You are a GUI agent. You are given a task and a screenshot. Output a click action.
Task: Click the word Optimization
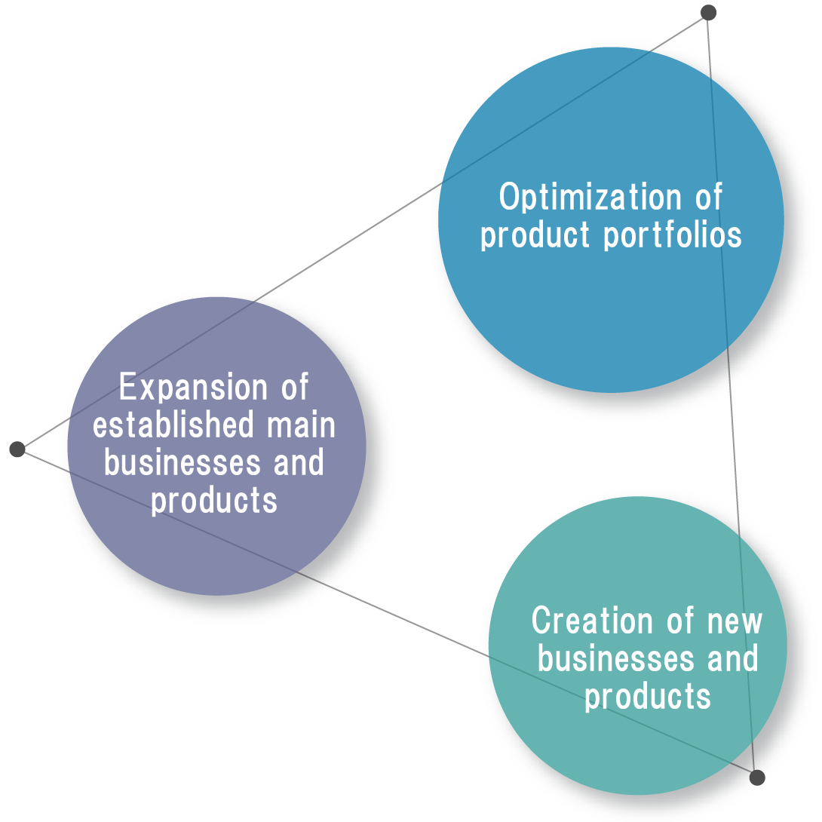[590, 197]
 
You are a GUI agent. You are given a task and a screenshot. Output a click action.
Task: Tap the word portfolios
[673, 235]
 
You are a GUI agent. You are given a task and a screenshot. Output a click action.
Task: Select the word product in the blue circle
[535, 235]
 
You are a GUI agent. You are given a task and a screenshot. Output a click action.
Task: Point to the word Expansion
[194, 387]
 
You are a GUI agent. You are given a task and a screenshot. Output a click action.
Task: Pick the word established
[173, 425]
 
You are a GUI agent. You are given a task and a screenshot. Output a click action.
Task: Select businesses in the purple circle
[182, 463]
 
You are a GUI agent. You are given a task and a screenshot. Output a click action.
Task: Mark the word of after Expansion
[295, 387]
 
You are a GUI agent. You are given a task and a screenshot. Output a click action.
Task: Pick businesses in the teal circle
[615, 658]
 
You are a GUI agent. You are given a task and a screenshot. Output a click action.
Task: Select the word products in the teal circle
[648, 697]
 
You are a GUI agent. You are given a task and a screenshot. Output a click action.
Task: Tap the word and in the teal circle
[732, 658]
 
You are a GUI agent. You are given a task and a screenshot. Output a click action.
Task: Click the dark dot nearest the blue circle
[708, 13]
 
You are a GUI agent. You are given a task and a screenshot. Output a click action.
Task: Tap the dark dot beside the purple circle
[17, 449]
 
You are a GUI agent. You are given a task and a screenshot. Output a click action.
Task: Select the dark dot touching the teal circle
[757, 778]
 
